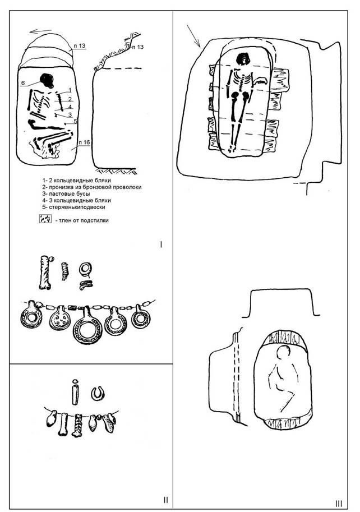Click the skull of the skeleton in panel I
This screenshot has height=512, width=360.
[x=47, y=80]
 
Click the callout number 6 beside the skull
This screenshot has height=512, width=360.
[x=23, y=83]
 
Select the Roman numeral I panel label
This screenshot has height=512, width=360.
[x=161, y=245]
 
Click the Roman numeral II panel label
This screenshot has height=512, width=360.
[x=166, y=500]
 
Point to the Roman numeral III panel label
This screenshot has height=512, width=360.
[x=339, y=504]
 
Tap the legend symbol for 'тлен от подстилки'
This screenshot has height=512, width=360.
[x=45, y=219]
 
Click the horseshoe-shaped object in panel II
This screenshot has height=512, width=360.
[x=98, y=394]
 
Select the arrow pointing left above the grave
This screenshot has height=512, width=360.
[x=40, y=31]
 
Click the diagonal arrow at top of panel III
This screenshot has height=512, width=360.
[x=194, y=36]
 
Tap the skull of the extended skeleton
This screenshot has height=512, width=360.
[x=243, y=59]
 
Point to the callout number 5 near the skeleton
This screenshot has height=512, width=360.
[x=75, y=122]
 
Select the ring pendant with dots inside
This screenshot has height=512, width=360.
[x=60, y=319]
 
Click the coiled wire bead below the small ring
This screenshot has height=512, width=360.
[x=86, y=285]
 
